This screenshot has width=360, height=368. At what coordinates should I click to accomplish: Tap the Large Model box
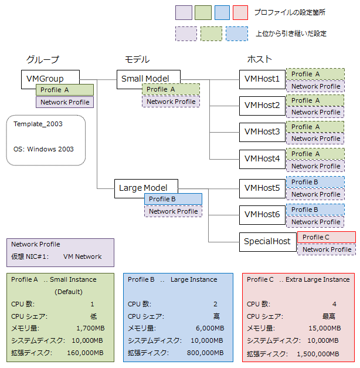(x=143, y=188)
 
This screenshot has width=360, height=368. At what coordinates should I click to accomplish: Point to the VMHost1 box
(x=262, y=79)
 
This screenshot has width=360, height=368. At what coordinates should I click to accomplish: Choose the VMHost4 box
(x=262, y=158)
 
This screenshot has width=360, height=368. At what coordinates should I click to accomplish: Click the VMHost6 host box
(x=262, y=215)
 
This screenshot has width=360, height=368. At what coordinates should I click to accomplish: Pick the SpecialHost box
(x=267, y=241)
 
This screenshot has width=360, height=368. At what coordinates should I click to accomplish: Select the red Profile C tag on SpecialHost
(x=326, y=237)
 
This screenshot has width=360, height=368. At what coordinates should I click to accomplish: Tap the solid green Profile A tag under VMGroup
(x=64, y=90)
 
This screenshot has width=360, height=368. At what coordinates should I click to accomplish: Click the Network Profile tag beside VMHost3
(x=315, y=139)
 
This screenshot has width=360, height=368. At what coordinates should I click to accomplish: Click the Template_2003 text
(x=38, y=124)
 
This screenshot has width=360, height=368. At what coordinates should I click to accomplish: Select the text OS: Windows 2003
(x=43, y=149)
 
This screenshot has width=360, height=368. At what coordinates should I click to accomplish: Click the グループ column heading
(x=42, y=60)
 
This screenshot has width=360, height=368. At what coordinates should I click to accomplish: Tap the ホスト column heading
(x=259, y=60)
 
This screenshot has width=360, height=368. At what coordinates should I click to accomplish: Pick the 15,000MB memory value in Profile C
(x=320, y=328)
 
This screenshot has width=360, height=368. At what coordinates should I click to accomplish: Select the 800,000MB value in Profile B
(x=204, y=353)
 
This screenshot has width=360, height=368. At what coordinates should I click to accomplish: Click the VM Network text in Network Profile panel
(x=82, y=256)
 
